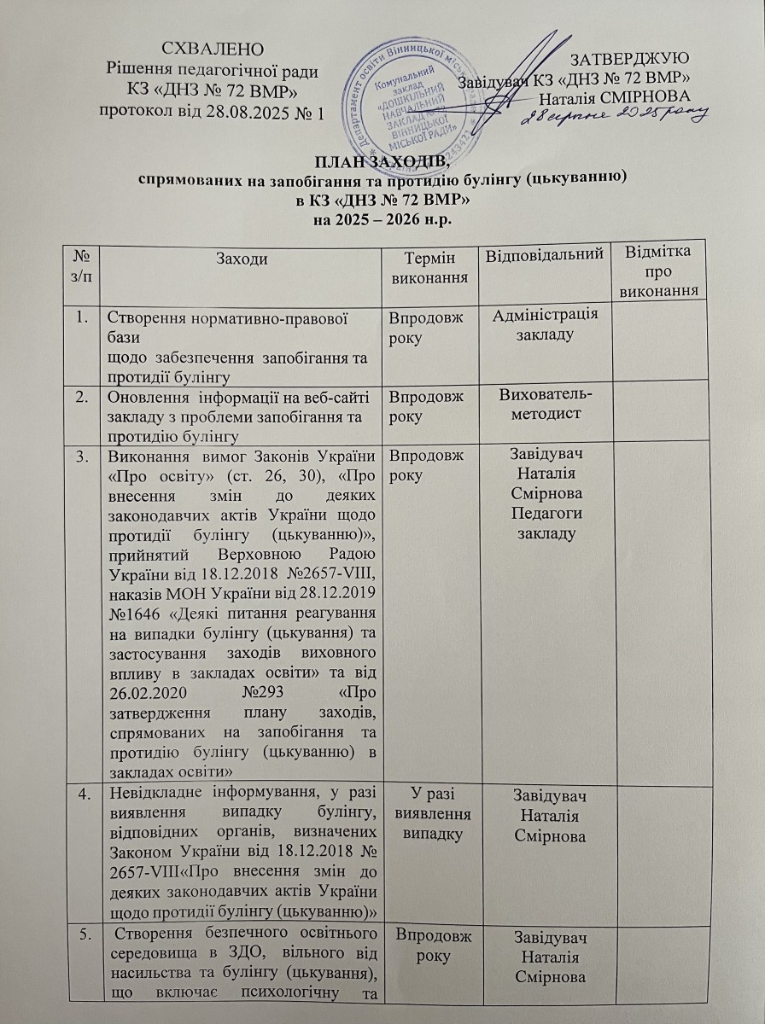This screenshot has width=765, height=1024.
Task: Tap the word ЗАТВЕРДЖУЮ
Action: coord(629,60)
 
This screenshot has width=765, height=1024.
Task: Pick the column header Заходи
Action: coord(241,257)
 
